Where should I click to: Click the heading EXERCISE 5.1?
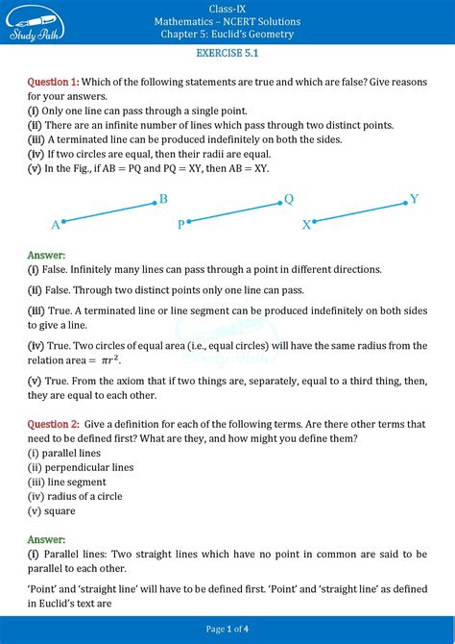(x=227, y=57)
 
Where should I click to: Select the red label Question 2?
(x=54, y=424)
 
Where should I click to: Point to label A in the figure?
(x=56, y=225)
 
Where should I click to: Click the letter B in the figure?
(x=163, y=199)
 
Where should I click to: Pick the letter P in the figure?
(x=180, y=225)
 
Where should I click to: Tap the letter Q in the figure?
(x=289, y=199)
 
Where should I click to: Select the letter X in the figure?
(x=307, y=225)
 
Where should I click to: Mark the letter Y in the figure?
(x=415, y=199)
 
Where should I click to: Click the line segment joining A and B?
(x=109, y=212)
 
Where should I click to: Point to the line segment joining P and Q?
(x=234, y=213)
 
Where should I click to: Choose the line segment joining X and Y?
(x=361, y=212)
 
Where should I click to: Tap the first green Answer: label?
(x=47, y=255)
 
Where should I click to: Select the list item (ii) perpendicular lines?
(x=81, y=467)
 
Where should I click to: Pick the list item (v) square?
(x=52, y=510)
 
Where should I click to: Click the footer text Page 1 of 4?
(x=227, y=629)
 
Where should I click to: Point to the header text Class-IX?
(x=227, y=9)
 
